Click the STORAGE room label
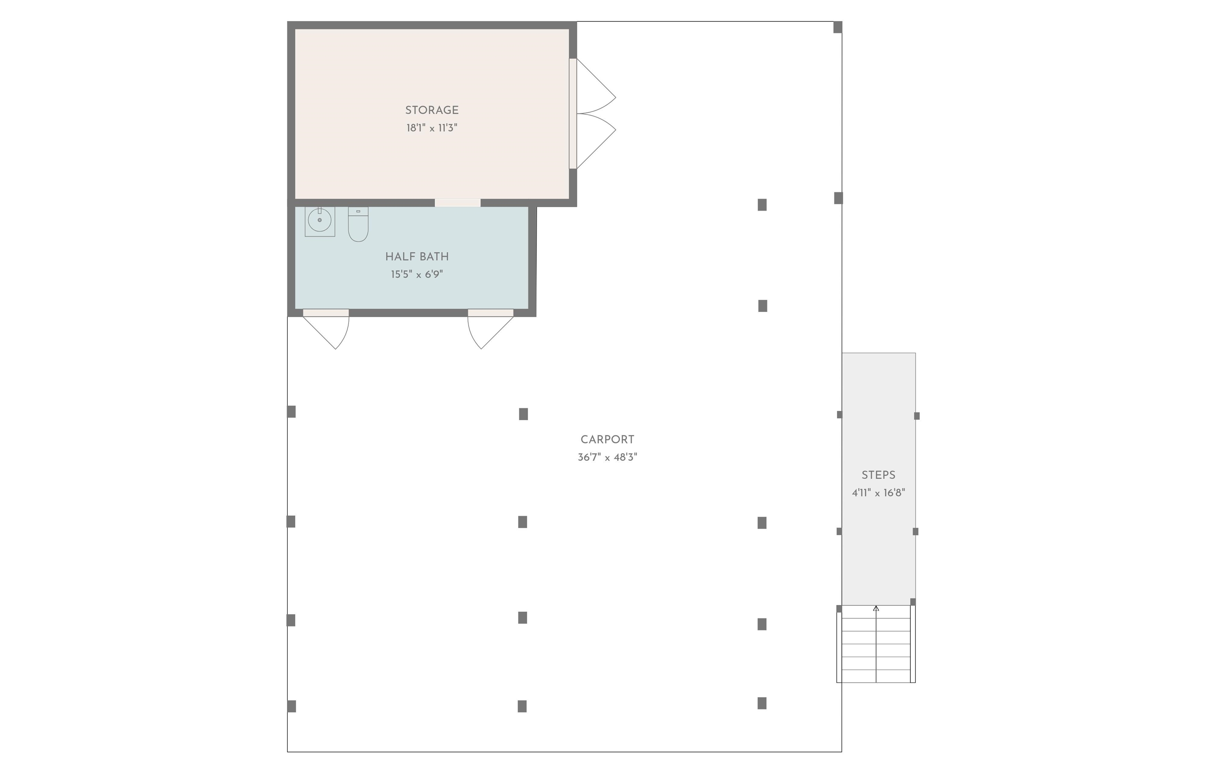click(432, 110)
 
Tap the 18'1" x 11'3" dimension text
click(432, 128)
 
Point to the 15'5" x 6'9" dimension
click(417, 274)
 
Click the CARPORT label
click(607, 439)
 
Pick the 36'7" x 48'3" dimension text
click(607, 457)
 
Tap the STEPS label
click(879, 475)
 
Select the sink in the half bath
click(320, 221)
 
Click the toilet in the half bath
click(358, 224)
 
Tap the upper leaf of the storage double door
click(596, 86)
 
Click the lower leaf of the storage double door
click(596, 142)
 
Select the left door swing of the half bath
click(326, 330)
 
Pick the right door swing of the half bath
click(491, 330)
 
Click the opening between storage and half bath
click(458, 203)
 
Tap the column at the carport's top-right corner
click(837, 27)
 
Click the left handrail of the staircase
click(839, 644)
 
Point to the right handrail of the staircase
click(912, 644)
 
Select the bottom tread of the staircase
click(876, 676)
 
